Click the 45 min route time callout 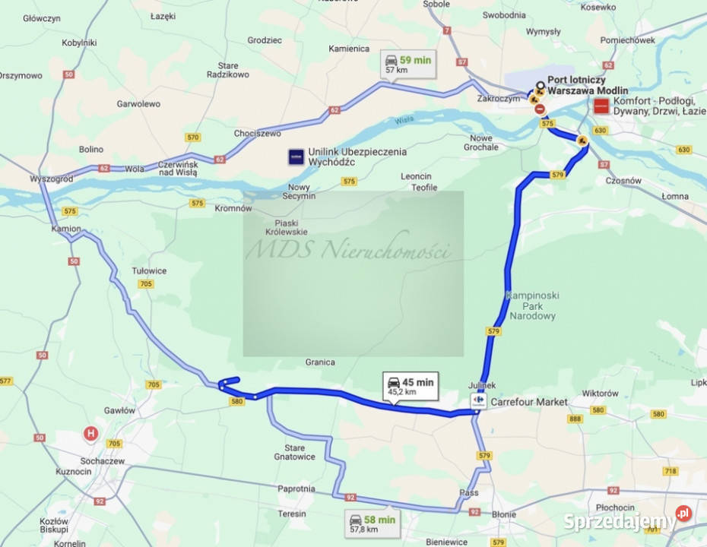click(410, 387)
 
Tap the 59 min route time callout click(408, 64)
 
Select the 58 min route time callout click(372, 523)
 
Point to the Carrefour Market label click(529, 402)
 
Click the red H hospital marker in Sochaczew click(91, 434)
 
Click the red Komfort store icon click(601, 106)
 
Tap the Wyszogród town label click(51, 179)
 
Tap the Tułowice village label click(149, 270)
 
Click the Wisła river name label click(404, 119)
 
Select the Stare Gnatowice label click(294, 452)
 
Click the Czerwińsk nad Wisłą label click(178, 169)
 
